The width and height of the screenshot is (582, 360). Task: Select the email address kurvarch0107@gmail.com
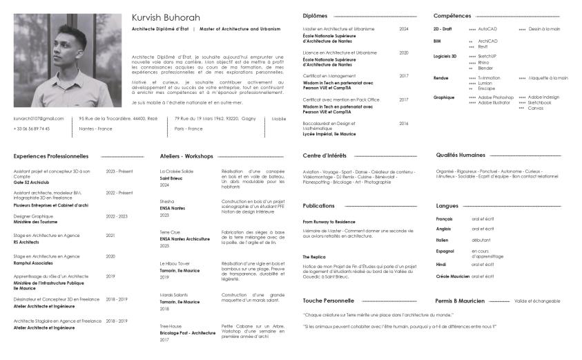[x=39, y=119]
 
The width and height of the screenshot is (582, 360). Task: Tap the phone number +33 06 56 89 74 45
[x=32, y=129]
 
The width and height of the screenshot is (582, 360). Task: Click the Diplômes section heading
[x=315, y=15]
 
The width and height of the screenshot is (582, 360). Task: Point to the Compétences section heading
[x=452, y=15]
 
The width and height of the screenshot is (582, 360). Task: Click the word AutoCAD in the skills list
[x=487, y=29]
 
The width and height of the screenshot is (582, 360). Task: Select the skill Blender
[x=485, y=68]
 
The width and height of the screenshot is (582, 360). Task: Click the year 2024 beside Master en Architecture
[x=404, y=29]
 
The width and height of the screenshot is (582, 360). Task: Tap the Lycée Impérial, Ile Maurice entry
[x=329, y=133]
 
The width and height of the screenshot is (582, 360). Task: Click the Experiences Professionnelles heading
[x=51, y=156]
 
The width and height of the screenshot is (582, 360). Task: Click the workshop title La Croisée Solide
[x=177, y=171]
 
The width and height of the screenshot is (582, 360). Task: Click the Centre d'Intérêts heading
[x=324, y=155]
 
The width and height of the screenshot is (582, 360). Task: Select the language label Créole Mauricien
[x=453, y=276]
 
